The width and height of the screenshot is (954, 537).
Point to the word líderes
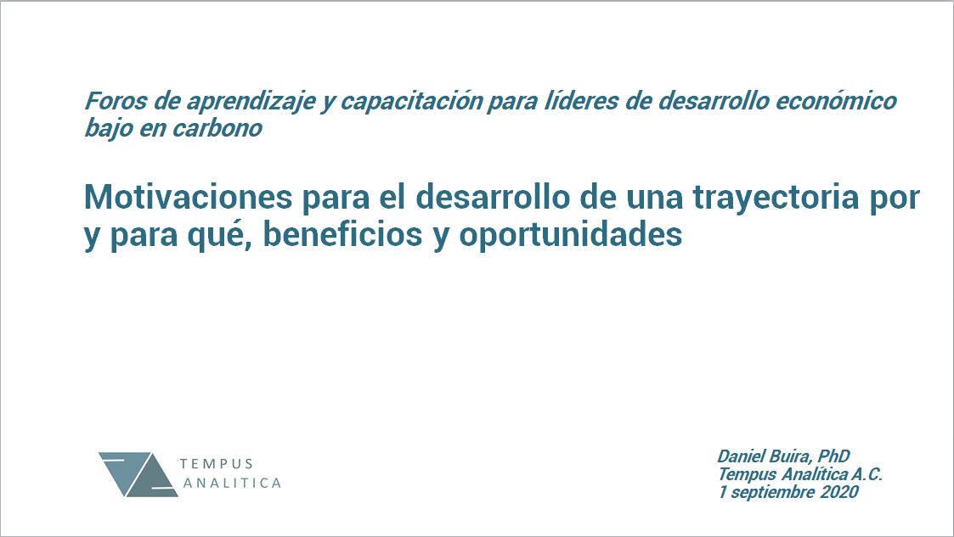click(x=582, y=101)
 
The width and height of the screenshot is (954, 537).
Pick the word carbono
click(x=217, y=128)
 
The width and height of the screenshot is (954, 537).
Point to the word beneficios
click(x=342, y=234)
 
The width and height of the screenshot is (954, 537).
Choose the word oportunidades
click(x=571, y=236)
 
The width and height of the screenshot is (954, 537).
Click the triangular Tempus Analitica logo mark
click(x=138, y=474)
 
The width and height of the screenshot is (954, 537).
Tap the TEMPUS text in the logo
click(x=217, y=464)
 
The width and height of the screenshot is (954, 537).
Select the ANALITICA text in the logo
click(x=233, y=484)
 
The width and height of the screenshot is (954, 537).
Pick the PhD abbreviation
click(x=833, y=456)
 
